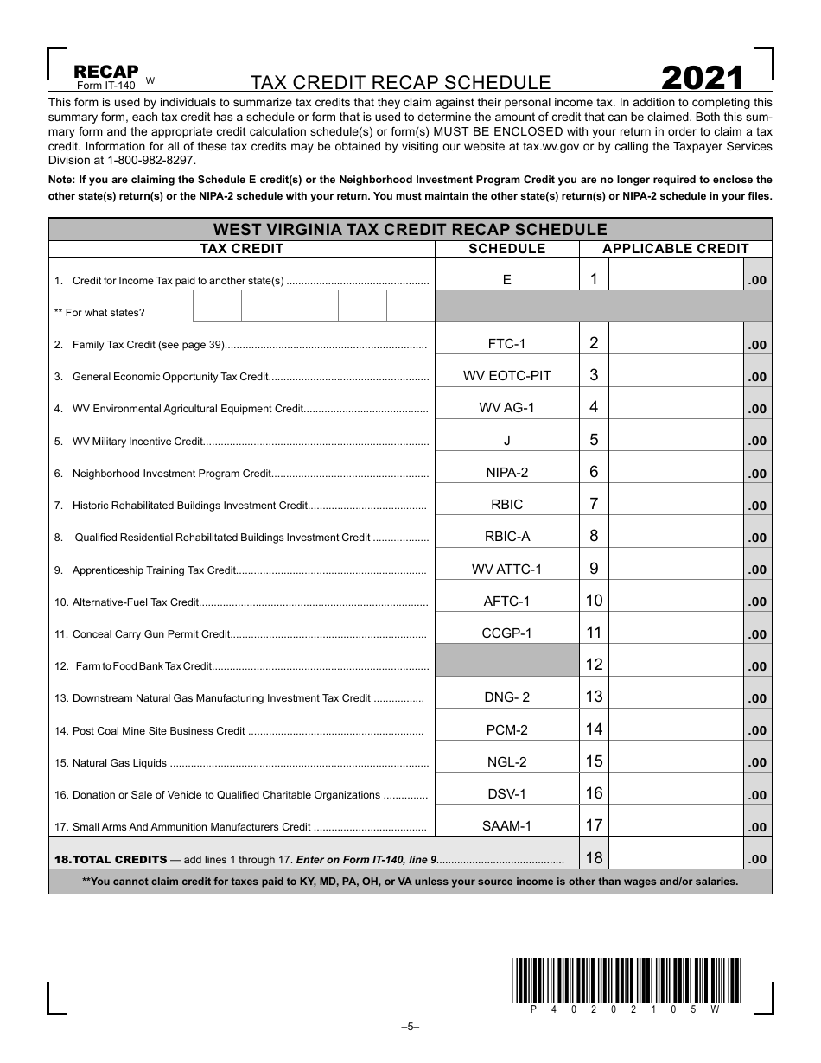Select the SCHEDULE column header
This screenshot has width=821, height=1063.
click(x=506, y=249)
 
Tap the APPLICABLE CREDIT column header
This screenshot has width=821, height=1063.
click(x=675, y=249)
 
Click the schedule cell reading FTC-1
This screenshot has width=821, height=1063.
click(x=506, y=344)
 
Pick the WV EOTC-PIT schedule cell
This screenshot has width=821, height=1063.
click(x=506, y=376)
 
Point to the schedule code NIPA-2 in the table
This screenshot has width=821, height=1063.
click(x=506, y=473)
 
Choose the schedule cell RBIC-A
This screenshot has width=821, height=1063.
click(x=506, y=537)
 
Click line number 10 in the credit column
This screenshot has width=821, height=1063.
click(x=594, y=601)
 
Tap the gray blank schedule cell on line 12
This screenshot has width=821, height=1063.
click(x=506, y=660)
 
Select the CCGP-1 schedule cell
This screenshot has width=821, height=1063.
click(x=506, y=633)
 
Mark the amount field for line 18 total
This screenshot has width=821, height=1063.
click(x=675, y=857)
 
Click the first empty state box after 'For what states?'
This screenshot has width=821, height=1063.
click(x=216, y=306)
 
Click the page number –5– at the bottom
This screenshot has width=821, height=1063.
click(x=410, y=1027)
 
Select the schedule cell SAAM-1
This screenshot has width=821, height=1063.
click(x=506, y=826)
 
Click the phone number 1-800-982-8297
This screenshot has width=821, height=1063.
click(x=146, y=161)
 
